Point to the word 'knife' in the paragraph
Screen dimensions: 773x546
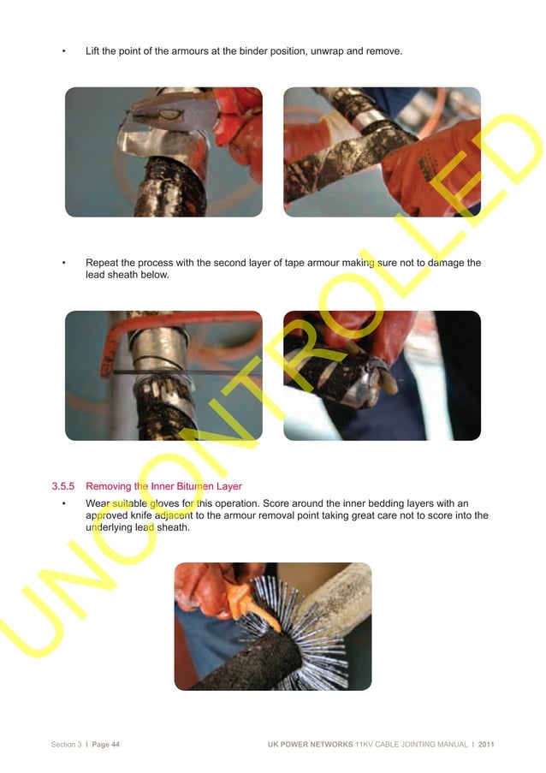(163, 515)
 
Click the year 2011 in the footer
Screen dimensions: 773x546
(486, 744)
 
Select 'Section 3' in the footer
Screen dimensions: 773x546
(66, 744)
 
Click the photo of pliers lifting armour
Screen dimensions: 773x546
(163, 152)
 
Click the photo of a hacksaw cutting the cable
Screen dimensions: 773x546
(163, 375)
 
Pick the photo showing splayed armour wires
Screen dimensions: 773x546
(272, 626)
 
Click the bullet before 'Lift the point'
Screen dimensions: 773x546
(64, 51)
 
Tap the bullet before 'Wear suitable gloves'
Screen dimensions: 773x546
(64, 503)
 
